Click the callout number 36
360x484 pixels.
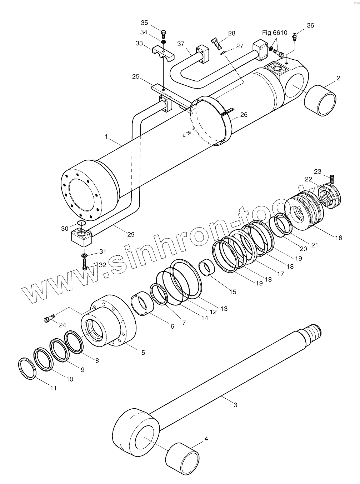coord(310,25)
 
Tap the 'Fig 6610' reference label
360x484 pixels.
coord(275,33)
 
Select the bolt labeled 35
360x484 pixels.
coord(164,34)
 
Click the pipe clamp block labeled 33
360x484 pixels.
coord(164,53)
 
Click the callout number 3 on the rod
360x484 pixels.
coord(235,405)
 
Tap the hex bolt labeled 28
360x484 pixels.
coord(216,44)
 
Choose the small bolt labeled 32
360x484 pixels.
coord(85,265)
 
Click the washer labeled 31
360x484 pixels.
coord(85,255)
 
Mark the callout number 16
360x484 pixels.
coord(338,238)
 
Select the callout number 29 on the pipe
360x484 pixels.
coord(131,234)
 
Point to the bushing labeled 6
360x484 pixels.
coord(142,304)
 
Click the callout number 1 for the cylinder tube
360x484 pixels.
coord(106,136)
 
